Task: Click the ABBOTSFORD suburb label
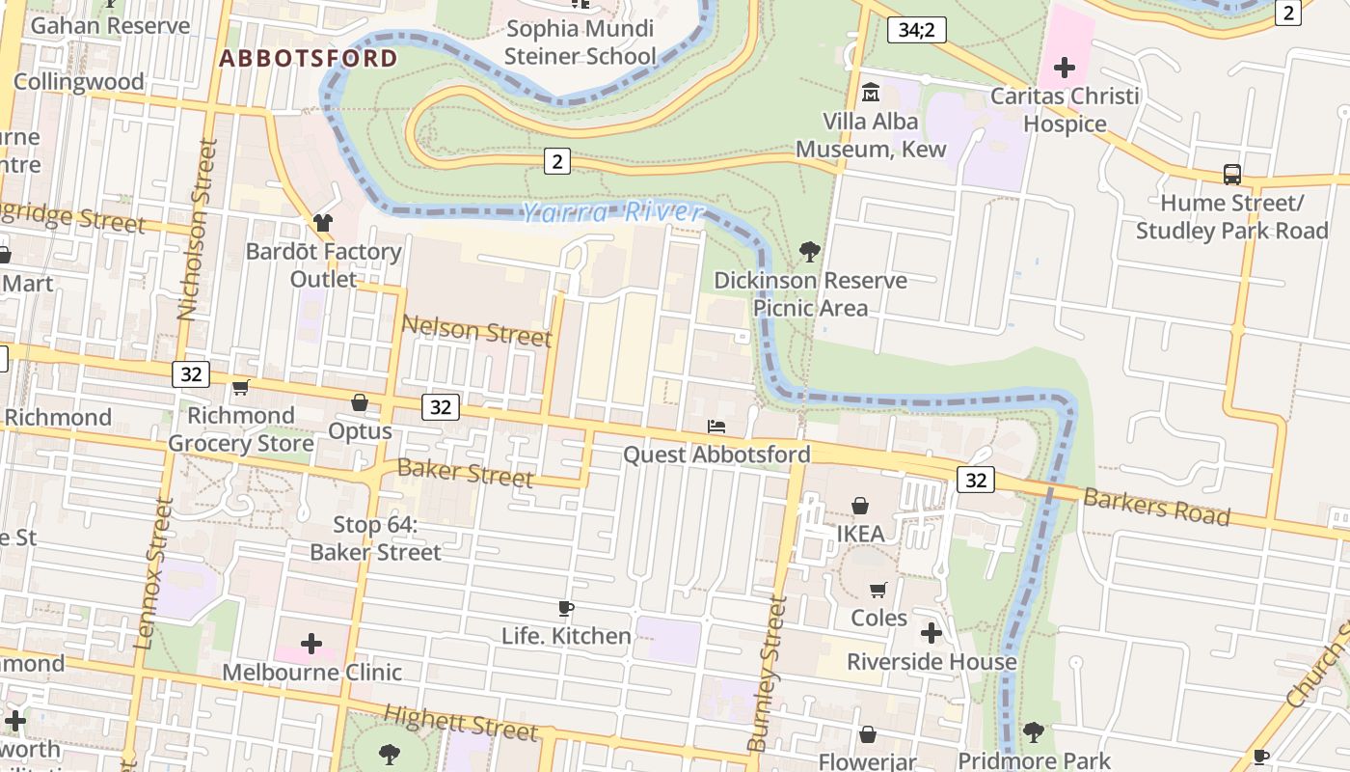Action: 308,58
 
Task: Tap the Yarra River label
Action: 612,211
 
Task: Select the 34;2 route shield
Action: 916,30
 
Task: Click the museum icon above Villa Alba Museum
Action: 871,93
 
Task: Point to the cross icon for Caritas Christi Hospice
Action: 1065,68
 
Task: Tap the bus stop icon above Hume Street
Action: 1231,175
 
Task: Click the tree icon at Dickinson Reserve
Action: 810,252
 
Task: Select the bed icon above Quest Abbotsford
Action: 716,426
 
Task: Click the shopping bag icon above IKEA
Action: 860,506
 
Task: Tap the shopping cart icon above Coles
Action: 878,590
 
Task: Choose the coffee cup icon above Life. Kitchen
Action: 566,608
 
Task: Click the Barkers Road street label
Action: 1156,507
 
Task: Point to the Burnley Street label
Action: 769,674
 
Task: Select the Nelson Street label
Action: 476,331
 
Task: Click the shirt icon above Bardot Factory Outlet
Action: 322,223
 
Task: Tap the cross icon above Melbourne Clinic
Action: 311,644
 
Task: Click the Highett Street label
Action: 461,722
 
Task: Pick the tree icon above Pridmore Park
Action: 1034,732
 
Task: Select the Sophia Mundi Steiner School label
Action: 580,42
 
